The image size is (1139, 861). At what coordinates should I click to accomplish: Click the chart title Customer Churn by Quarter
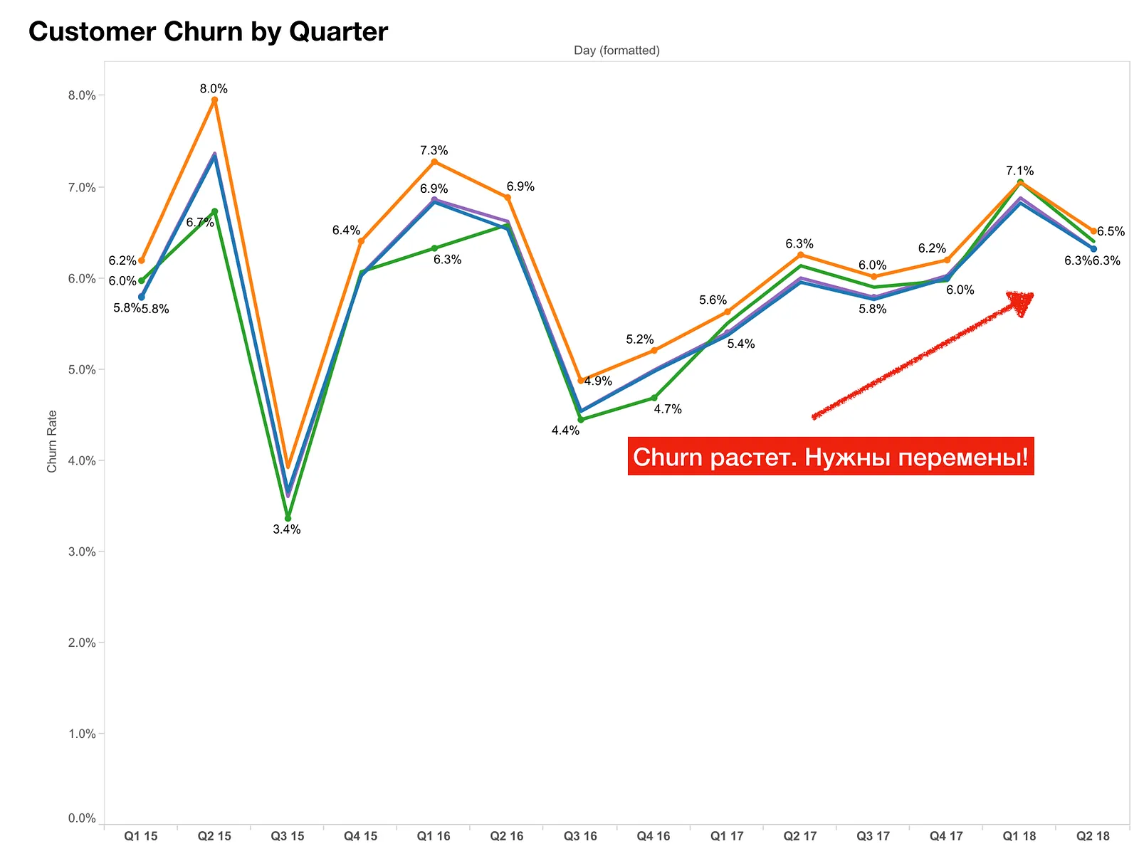[x=208, y=31]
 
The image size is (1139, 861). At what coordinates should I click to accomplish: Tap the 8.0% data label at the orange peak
[x=214, y=89]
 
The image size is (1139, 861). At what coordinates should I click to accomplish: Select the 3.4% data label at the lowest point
[x=286, y=529]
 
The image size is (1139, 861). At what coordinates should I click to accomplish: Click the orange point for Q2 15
[x=214, y=100]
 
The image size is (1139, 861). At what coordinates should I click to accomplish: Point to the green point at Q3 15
[x=288, y=518]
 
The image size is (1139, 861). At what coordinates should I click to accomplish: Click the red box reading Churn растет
[x=830, y=456]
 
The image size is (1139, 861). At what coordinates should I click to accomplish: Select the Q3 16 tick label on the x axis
[x=580, y=835]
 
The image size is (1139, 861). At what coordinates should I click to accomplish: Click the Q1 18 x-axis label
[x=1019, y=835]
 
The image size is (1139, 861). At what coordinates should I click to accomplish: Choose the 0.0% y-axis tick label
[x=82, y=818]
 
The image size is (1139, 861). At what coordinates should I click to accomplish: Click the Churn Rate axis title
[x=51, y=441]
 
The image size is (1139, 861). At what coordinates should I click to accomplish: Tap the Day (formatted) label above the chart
[x=616, y=51]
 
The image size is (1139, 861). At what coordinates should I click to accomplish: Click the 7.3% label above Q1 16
[x=434, y=150]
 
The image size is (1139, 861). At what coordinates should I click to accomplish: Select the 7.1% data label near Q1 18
[x=1019, y=171]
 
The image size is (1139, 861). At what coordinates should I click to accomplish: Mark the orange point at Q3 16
[x=581, y=380]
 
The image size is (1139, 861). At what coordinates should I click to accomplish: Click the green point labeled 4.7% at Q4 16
[x=654, y=398]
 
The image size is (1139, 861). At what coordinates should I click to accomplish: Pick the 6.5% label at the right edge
[x=1111, y=231]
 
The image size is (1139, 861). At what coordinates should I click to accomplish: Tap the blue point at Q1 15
[x=142, y=297]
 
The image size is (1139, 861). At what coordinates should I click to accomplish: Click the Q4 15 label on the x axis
[x=361, y=835]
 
